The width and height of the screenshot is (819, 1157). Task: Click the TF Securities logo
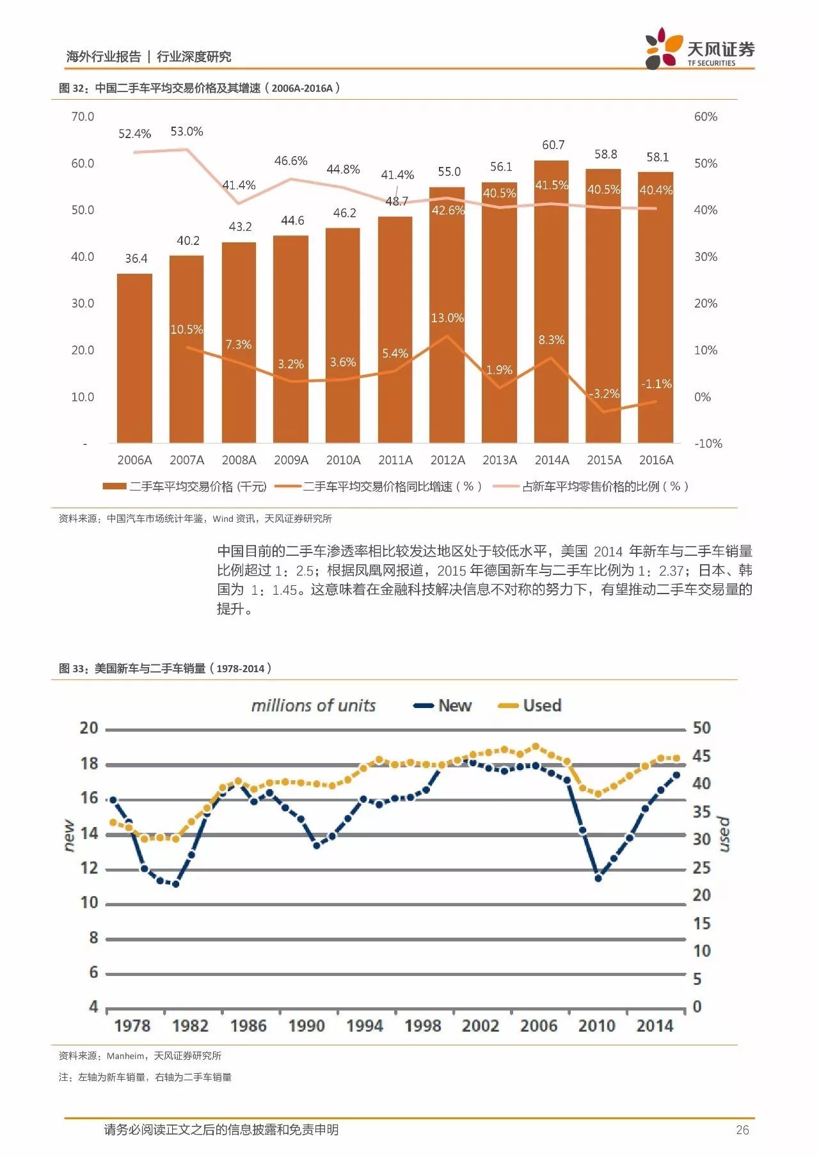point(700,48)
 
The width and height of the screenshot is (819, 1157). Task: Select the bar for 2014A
point(552,301)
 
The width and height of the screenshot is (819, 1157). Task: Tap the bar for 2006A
point(134,358)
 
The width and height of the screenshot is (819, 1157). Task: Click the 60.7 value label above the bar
point(553,145)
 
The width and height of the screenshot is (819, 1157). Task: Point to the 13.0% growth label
point(447,318)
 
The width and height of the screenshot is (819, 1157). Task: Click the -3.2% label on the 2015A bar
point(605,393)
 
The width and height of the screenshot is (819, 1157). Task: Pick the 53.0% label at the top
point(187,131)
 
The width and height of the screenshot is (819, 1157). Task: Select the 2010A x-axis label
point(344,460)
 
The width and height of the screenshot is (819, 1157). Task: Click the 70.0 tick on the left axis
point(83,116)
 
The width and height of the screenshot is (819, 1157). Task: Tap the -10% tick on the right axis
point(708,443)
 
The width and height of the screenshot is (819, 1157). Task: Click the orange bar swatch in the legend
point(114,487)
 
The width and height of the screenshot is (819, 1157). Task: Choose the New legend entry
point(443,705)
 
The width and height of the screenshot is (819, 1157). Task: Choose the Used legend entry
point(530,705)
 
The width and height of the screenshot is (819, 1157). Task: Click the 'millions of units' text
point(314,705)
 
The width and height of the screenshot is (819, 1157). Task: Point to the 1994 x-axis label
point(365,1026)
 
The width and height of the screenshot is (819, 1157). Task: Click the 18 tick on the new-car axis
point(89,763)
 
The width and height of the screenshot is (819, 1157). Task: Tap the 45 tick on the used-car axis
point(702,756)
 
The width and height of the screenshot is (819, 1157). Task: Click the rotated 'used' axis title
point(723,834)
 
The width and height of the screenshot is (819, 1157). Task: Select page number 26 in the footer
point(742,1130)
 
